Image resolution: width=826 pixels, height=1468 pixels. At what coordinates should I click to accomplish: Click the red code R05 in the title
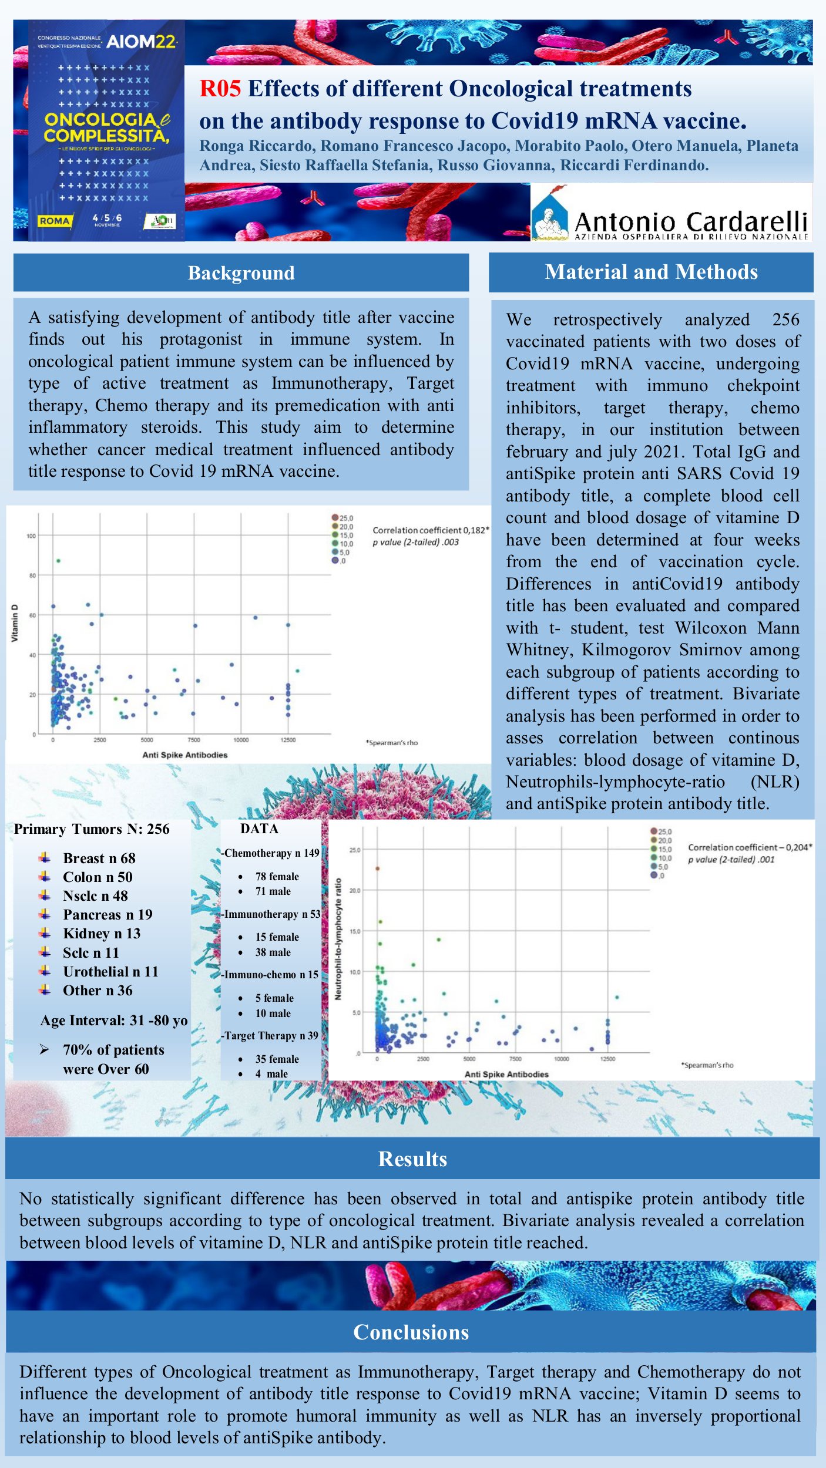pos(220,89)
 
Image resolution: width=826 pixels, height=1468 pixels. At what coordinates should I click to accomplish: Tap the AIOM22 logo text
pos(141,42)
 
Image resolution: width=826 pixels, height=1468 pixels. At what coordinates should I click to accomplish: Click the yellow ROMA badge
pos(54,221)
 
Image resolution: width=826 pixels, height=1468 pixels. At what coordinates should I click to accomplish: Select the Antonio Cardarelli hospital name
pos(690,222)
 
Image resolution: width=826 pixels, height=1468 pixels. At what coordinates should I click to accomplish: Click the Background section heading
pos(241,273)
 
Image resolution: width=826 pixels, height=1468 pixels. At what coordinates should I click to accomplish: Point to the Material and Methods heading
pos(651,272)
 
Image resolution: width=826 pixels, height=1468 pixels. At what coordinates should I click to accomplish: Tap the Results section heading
pos(412,1159)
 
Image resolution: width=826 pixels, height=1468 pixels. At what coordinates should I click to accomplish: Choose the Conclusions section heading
pos(411,1332)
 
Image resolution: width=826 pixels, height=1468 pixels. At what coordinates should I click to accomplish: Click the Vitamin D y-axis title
pos(15,623)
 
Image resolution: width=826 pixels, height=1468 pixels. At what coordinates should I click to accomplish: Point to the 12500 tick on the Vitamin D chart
pos(288,740)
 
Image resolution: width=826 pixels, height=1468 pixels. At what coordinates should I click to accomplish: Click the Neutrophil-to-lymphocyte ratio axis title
pos(338,938)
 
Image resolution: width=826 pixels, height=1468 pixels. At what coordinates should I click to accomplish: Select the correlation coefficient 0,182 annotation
pos(430,530)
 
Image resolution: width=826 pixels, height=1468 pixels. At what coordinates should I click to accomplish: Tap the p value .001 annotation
pos(731,860)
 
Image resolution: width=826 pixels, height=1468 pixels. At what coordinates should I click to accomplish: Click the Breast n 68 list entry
pos(99,858)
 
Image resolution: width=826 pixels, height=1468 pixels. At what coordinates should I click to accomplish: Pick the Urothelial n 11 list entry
pos(110,972)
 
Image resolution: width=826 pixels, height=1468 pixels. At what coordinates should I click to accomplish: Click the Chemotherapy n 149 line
pos(271,853)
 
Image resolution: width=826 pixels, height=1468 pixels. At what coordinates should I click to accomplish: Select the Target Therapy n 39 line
pos(270,1036)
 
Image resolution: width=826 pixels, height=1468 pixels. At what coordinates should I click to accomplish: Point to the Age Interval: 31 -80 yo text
pos(114,1021)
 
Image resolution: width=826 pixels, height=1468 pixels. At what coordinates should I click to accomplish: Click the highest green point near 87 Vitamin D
pos(58,561)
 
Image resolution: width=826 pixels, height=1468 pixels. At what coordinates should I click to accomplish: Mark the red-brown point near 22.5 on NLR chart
pos(378,868)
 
